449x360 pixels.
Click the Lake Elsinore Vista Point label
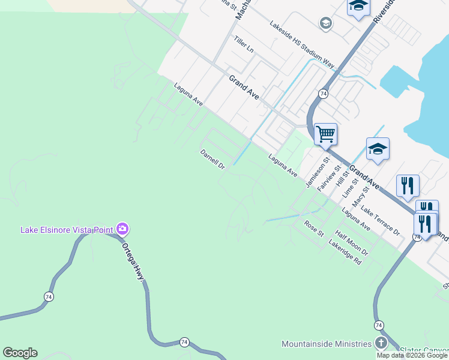coord(68,229)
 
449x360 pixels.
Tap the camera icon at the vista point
coord(122,229)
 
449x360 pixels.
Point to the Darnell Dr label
coord(212,158)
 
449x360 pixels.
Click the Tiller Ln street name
coord(244,47)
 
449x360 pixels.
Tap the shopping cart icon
coord(325,133)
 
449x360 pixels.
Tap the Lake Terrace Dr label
coord(380,221)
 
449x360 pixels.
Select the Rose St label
coord(314,228)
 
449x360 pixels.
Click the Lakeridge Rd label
coord(345,253)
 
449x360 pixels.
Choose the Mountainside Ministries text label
coord(327,344)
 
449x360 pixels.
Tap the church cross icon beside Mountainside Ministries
coord(381,343)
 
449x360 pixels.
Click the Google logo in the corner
coord(20,353)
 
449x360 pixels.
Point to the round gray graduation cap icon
coord(326,23)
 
